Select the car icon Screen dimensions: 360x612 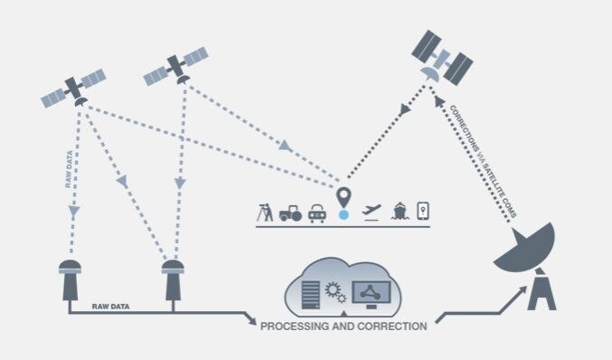coord(317,213)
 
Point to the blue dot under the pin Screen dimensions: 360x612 coord(343,216)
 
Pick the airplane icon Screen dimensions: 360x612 coord(371,212)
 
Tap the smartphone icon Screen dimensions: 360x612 coord(421,211)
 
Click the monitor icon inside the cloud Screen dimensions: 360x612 coord(372,291)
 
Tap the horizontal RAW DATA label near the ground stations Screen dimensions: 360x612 coord(111,308)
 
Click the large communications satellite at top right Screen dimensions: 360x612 coord(440,57)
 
